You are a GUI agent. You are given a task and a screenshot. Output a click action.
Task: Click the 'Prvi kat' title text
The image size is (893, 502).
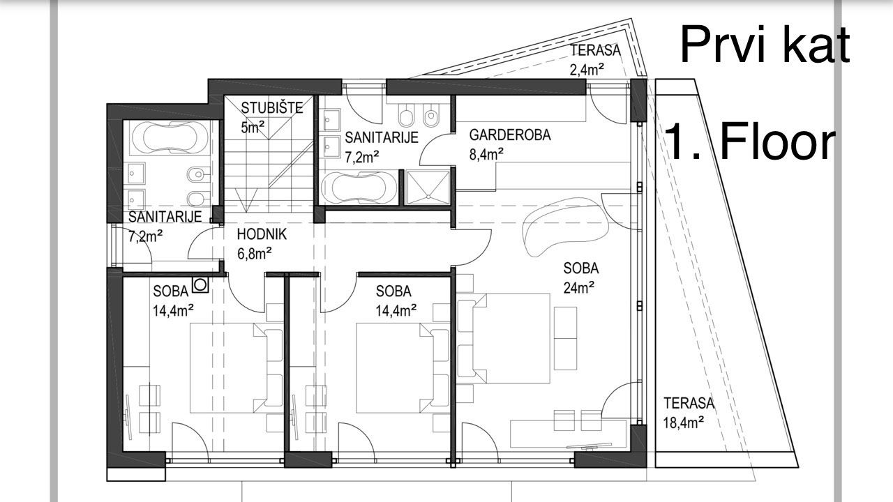tap(765, 44)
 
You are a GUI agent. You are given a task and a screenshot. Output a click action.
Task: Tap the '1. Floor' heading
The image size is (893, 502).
tap(750, 142)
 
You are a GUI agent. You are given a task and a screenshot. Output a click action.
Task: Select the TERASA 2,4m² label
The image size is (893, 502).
tap(586, 59)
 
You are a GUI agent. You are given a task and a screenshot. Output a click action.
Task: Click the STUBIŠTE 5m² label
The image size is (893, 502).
tap(262, 116)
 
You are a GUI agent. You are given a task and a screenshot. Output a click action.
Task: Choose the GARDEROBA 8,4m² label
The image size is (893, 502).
tap(509, 144)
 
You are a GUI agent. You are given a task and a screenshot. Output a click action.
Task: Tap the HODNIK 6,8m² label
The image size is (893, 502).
tap(261, 243)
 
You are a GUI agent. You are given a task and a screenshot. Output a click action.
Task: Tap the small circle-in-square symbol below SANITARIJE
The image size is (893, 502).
tap(201, 284)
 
